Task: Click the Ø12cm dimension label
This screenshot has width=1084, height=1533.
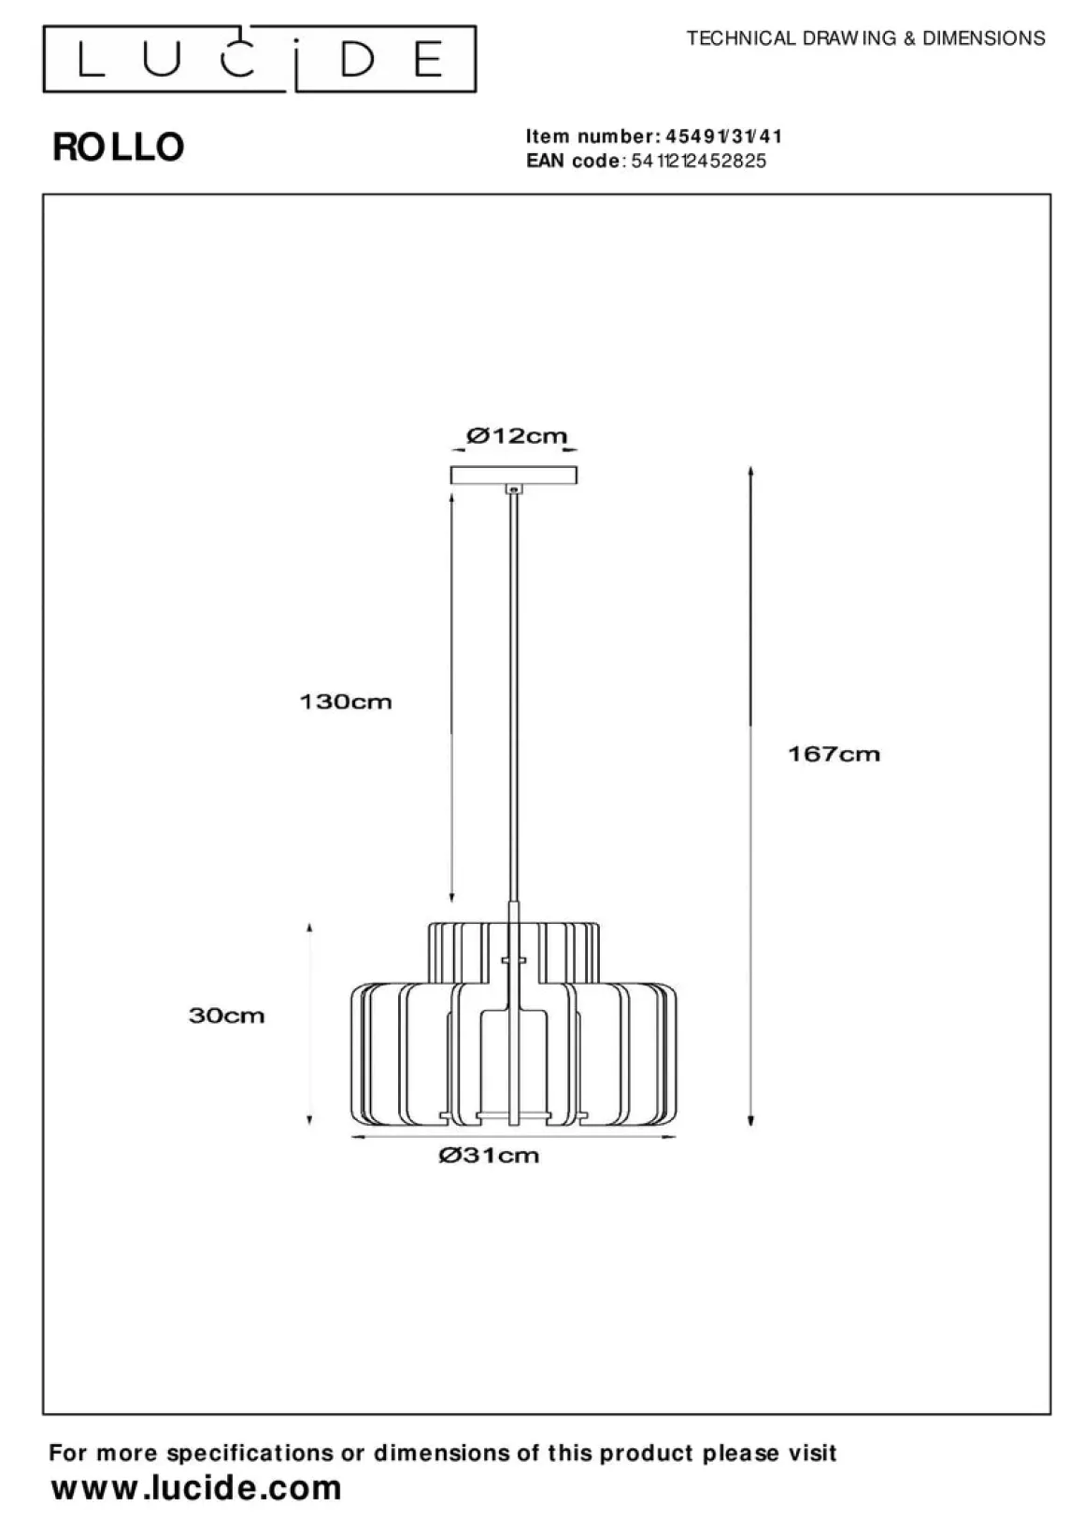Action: [517, 435]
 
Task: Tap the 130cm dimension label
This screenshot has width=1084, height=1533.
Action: [346, 702]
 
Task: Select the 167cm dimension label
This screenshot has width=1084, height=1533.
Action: [834, 754]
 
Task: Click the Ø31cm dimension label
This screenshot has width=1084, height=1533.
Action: [489, 1156]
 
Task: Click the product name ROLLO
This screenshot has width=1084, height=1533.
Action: [119, 147]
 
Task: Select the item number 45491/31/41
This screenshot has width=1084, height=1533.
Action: [724, 137]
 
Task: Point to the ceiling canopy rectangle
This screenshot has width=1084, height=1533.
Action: [514, 475]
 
